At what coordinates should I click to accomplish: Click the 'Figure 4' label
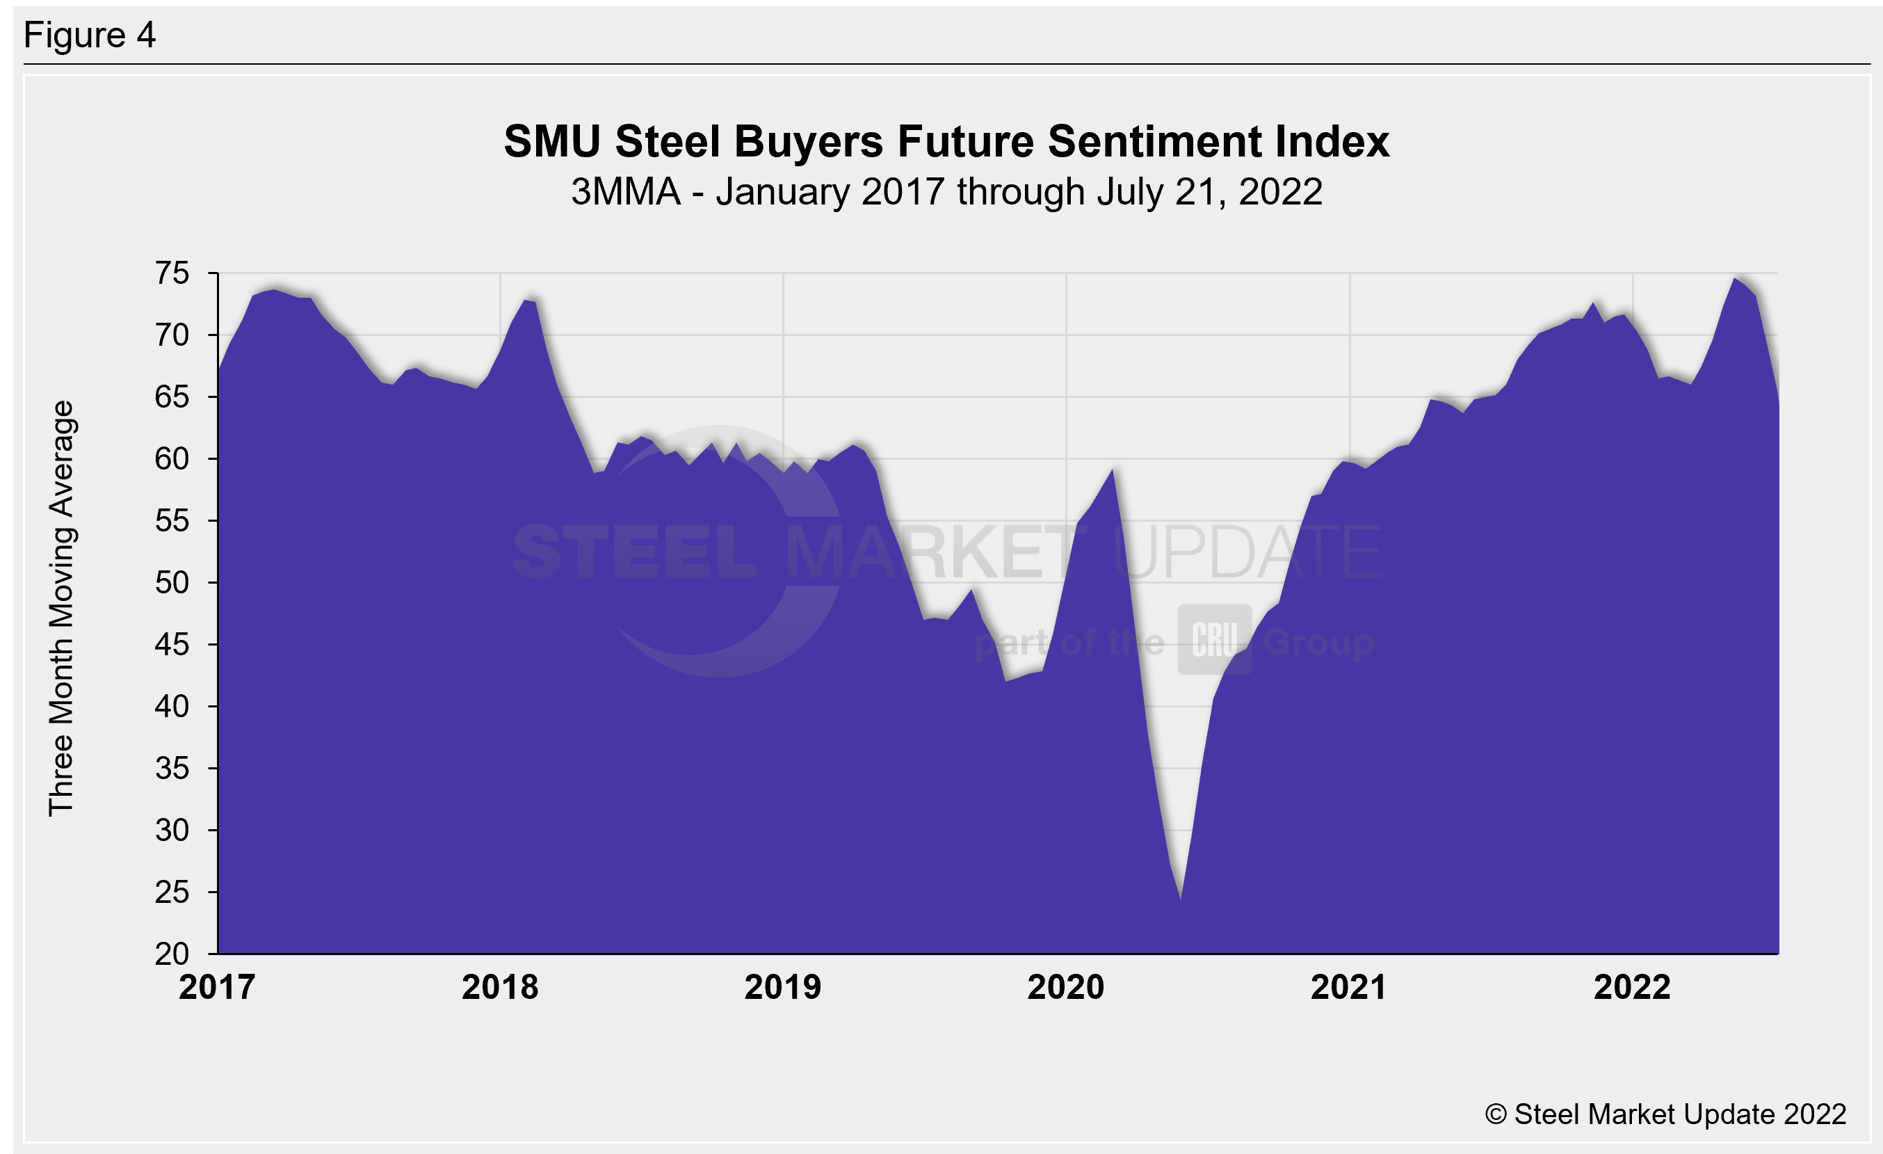90,35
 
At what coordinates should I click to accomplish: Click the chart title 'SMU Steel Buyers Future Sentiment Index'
946,142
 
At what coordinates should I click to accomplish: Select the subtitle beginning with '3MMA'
946,192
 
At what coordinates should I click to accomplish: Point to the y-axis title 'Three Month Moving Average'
61,609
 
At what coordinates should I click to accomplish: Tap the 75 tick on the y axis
172,273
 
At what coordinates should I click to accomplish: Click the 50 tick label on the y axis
172,583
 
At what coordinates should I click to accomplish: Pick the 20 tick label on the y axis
172,954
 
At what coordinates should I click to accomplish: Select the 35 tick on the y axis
172,768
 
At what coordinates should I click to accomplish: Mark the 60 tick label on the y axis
172,459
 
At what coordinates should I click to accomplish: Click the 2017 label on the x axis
217,987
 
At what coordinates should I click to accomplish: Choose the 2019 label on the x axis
782,987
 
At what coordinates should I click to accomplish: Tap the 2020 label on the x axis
1065,987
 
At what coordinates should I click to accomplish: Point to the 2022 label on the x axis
1631,987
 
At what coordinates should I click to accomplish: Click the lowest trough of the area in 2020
1181,899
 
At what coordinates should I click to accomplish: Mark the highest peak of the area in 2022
1735,278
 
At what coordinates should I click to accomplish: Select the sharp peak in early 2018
525,300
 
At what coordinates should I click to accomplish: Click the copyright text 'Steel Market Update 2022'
1665,1114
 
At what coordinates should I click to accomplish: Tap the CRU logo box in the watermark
1214,640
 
